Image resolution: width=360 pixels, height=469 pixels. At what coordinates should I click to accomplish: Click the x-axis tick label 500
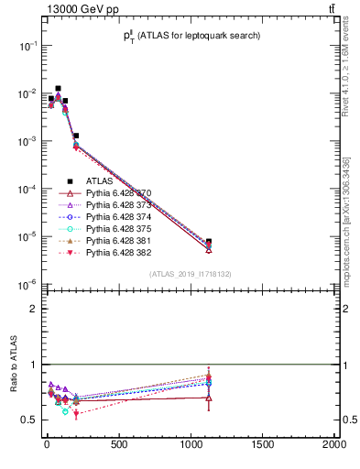(x=118, y=446)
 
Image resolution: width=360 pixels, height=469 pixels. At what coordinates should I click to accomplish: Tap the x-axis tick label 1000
(x=190, y=446)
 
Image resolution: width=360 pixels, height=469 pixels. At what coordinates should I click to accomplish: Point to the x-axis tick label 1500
(x=262, y=446)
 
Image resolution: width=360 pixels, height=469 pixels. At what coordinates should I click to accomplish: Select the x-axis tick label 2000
(x=333, y=446)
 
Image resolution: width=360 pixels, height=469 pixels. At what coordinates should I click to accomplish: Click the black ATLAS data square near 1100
(x=209, y=242)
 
